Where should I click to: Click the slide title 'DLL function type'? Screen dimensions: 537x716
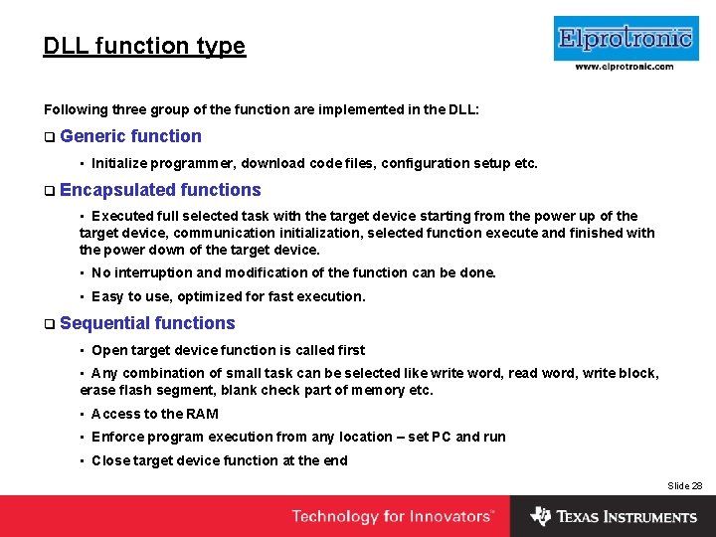(144, 46)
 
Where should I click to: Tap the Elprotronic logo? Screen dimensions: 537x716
(625, 39)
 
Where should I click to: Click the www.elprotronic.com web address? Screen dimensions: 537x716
(625, 67)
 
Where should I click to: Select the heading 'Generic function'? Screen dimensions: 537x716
(130, 136)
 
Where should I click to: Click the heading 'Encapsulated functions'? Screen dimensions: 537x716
(160, 190)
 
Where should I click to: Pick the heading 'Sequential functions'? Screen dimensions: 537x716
(147, 323)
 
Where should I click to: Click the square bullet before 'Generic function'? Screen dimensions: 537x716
(49, 137)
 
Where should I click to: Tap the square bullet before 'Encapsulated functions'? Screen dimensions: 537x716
(49, 191)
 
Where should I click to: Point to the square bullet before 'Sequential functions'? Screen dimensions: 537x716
(49, 324)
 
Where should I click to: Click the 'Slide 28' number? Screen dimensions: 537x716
(684, 485)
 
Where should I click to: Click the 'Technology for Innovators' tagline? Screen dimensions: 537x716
(392, 516)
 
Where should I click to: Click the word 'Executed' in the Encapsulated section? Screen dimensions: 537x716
(122, 216)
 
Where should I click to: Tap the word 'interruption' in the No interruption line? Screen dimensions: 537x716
(155, 272)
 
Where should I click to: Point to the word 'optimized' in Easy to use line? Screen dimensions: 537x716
(208, 296)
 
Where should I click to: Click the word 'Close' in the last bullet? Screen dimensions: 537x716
(110, 460)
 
